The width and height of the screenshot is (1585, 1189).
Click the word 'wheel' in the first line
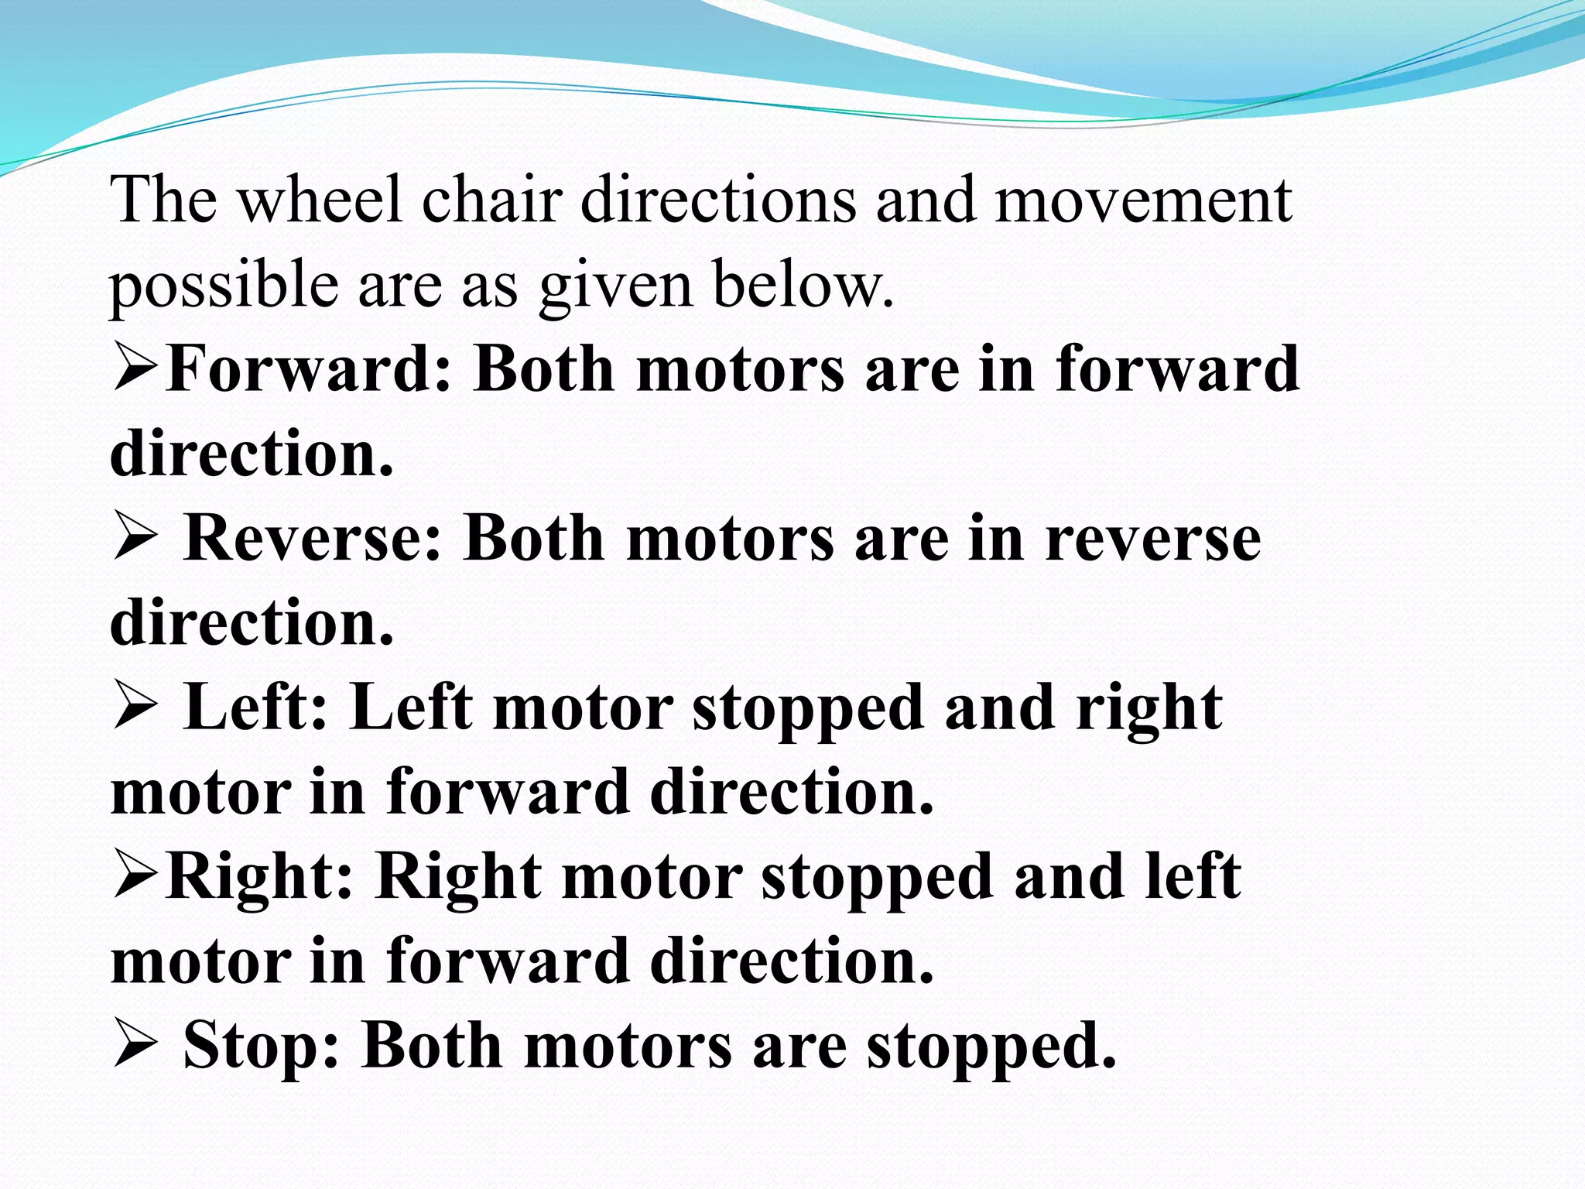point(319,200)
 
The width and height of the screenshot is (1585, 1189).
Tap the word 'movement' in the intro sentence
point(1142,200)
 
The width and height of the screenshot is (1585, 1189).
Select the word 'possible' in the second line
point(224,285)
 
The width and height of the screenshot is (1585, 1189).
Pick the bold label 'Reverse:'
point(313,539)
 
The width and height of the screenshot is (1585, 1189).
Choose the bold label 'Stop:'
point(262,1046)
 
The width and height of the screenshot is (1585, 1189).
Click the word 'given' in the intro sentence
point(615,285)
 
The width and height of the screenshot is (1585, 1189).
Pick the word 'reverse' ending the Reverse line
point(1152,539)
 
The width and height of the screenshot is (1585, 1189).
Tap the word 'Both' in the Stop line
point(432,1046)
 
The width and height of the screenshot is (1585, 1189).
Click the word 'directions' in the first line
point(718,200)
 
